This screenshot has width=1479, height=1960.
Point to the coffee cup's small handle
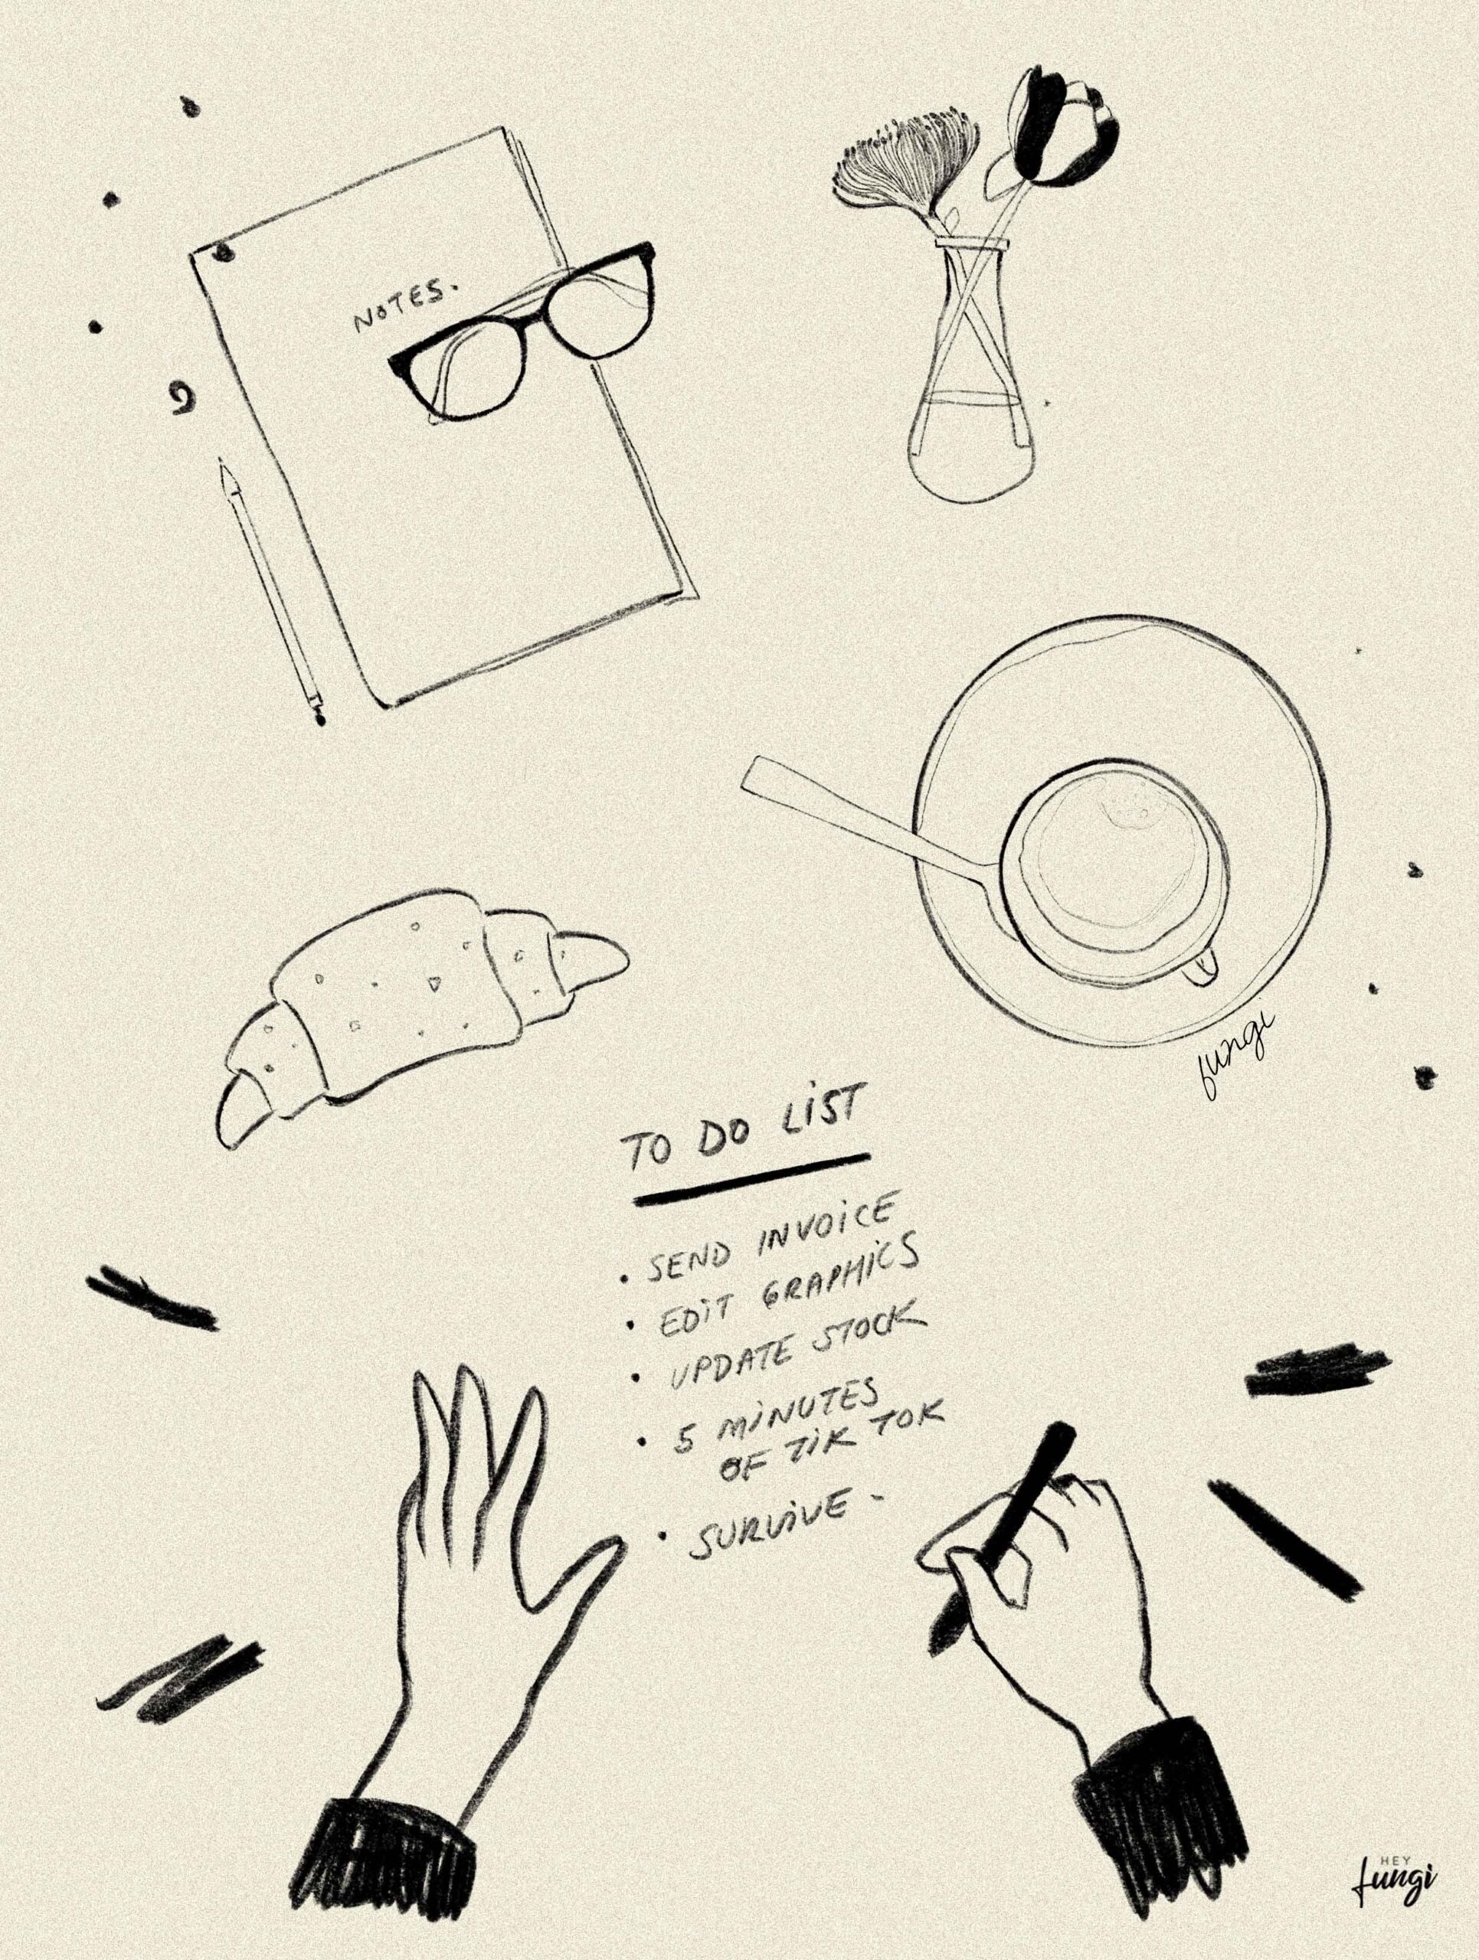1201,968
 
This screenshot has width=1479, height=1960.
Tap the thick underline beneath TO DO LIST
751,1179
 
